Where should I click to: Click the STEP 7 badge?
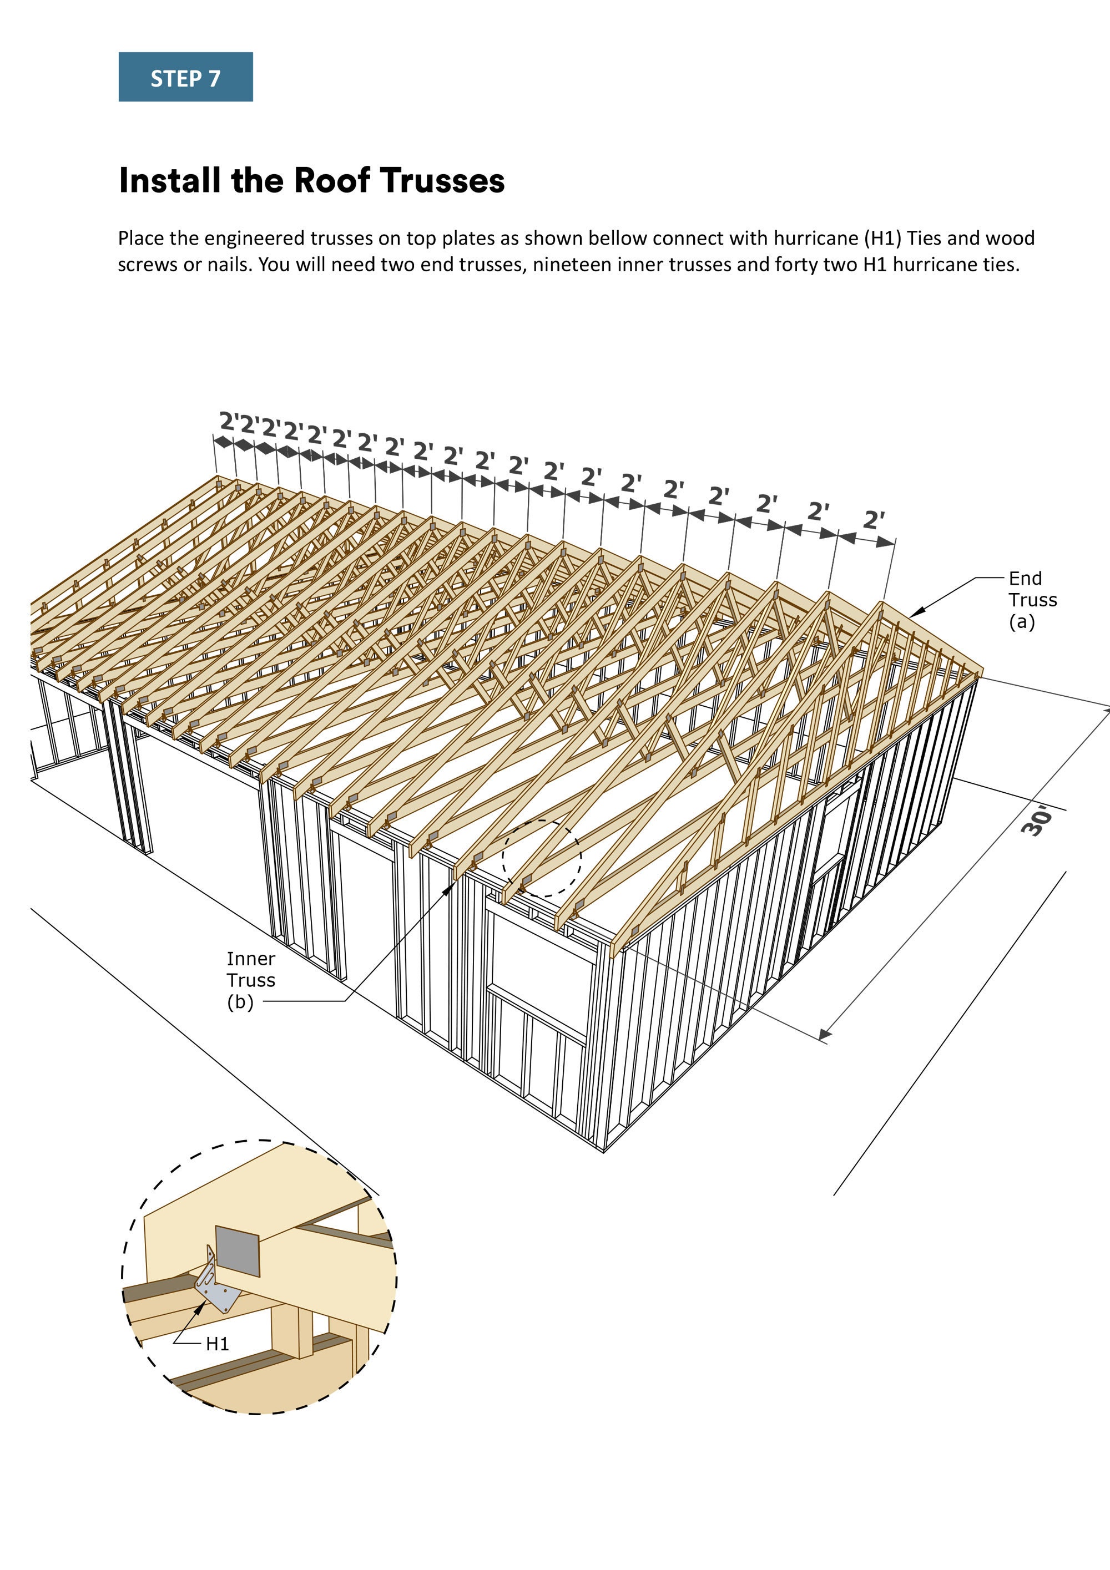pyautogui.click(x=185, y=77)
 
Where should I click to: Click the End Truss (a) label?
pyautogui.click(x=1031, y=600)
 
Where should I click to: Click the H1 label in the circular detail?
pyautogui.click(x=217, y=1344)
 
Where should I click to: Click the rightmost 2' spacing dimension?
pyautogui.click(x=874, y=520)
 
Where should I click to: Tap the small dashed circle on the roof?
pyautogui.click(x=542, y=859)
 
